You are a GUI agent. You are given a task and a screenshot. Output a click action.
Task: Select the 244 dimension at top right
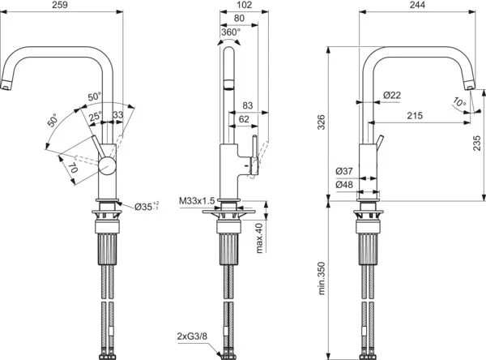click(x=414, y=6)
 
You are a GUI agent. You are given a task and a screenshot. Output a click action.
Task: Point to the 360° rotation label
click(x=229, y=32)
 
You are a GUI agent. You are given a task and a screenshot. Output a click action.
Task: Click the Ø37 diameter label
click(x=343, y=171)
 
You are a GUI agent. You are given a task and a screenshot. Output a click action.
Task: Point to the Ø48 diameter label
click(x=343, y=185)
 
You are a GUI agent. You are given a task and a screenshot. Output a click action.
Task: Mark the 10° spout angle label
click(x=459, y=102)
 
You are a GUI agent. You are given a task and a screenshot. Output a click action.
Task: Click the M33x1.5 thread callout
click(x=194, y=200)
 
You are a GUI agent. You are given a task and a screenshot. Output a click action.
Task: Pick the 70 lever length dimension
click(x=70, y=170)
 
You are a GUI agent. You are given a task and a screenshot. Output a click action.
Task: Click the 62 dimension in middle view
click(x=243, y=118)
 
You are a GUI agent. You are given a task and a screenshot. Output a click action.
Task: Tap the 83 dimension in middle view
click(x=248, y=105)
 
